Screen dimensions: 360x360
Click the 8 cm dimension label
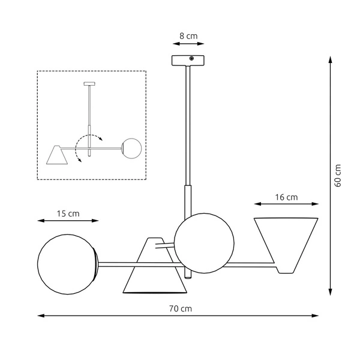pos(188,37)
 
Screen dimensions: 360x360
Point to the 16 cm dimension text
pos(286,197)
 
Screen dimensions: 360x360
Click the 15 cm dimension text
pos(68,214)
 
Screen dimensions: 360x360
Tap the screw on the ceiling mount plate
pos(191,59)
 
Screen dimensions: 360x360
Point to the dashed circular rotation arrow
pos(82,148)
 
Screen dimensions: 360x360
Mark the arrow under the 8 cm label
pos(188,44)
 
